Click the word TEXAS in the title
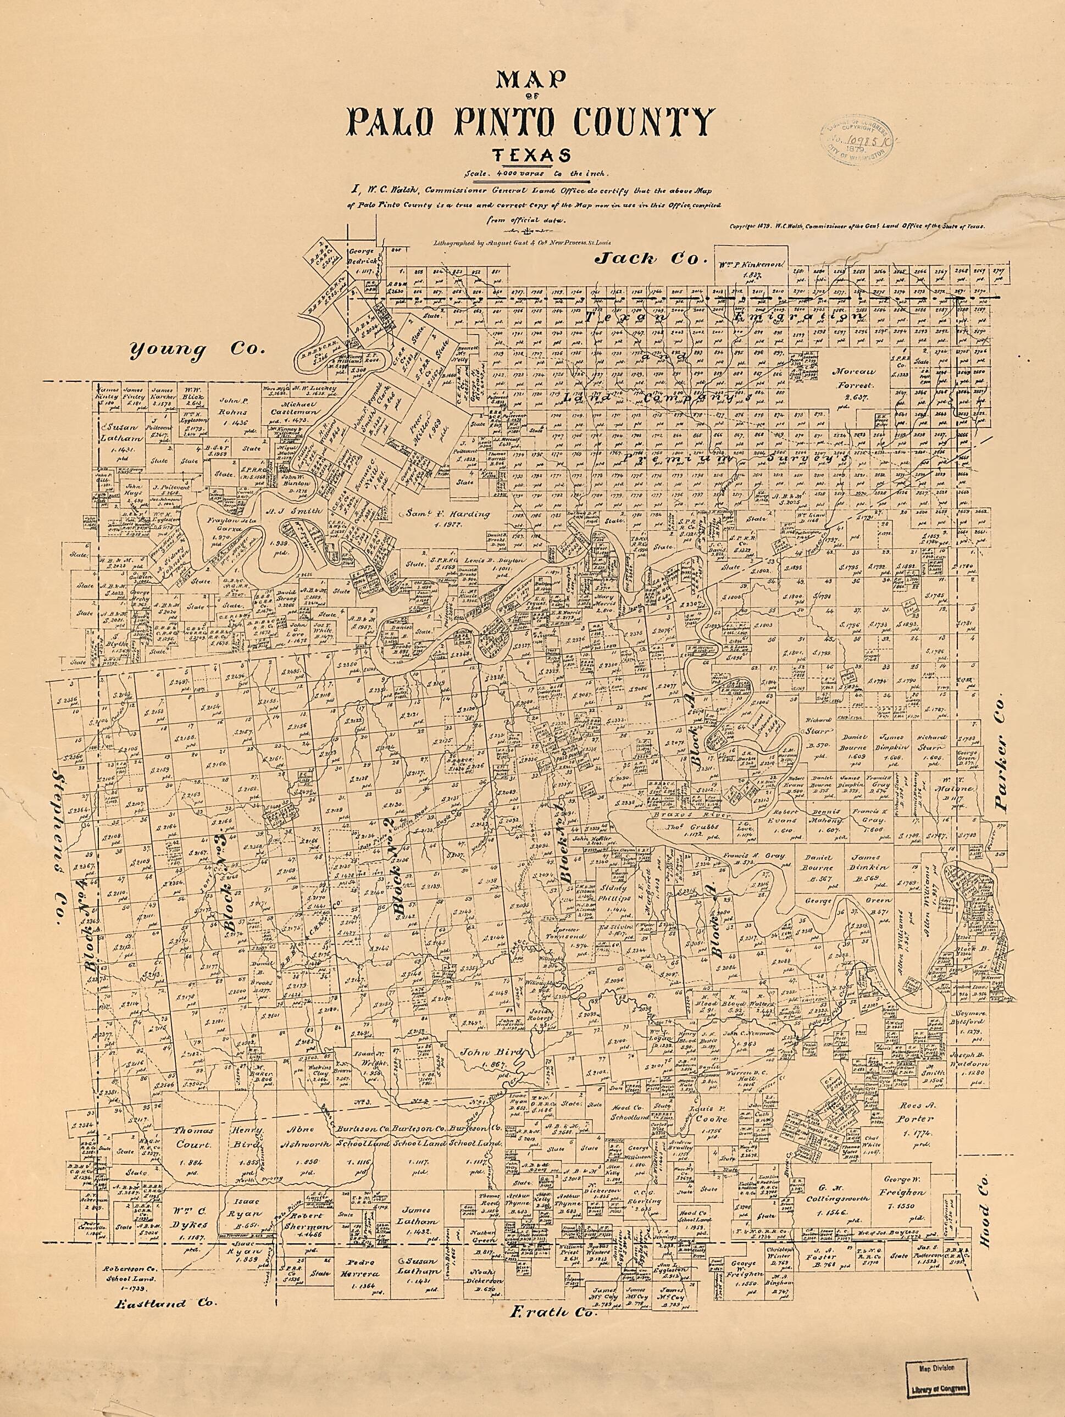point(532,155)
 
